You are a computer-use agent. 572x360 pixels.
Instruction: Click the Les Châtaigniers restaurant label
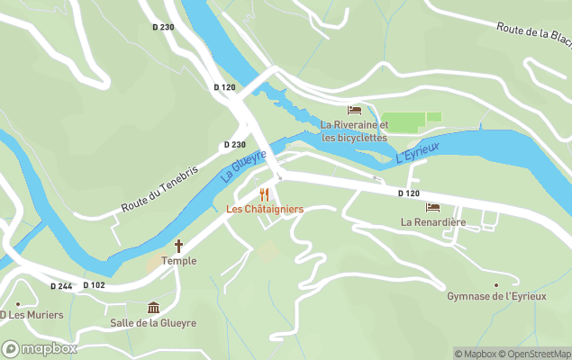(264, 209)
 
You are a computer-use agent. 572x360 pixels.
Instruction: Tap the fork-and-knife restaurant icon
(264, 193)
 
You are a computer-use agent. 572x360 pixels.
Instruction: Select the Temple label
(178, 261)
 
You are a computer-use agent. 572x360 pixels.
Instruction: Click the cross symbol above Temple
(178, 246)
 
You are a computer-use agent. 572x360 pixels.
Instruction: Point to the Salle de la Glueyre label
(153, 323)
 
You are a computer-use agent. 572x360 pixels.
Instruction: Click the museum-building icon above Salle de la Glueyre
(153, 308)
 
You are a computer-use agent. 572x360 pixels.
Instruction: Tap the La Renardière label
(432, 221)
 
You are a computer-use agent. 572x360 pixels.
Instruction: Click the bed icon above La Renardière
(432, 207)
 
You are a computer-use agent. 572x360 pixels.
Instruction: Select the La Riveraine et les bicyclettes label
(354, 131)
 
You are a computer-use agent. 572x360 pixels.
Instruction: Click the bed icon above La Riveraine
(354, 110)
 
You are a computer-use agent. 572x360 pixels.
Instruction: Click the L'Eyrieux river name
(417, 151)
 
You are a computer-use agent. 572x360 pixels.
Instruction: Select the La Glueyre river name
(243, 166)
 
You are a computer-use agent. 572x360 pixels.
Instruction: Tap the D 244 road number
(61, 286)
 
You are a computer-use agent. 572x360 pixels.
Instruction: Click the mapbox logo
(40, 348)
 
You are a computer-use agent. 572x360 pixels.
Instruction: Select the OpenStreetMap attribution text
(536, 354)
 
